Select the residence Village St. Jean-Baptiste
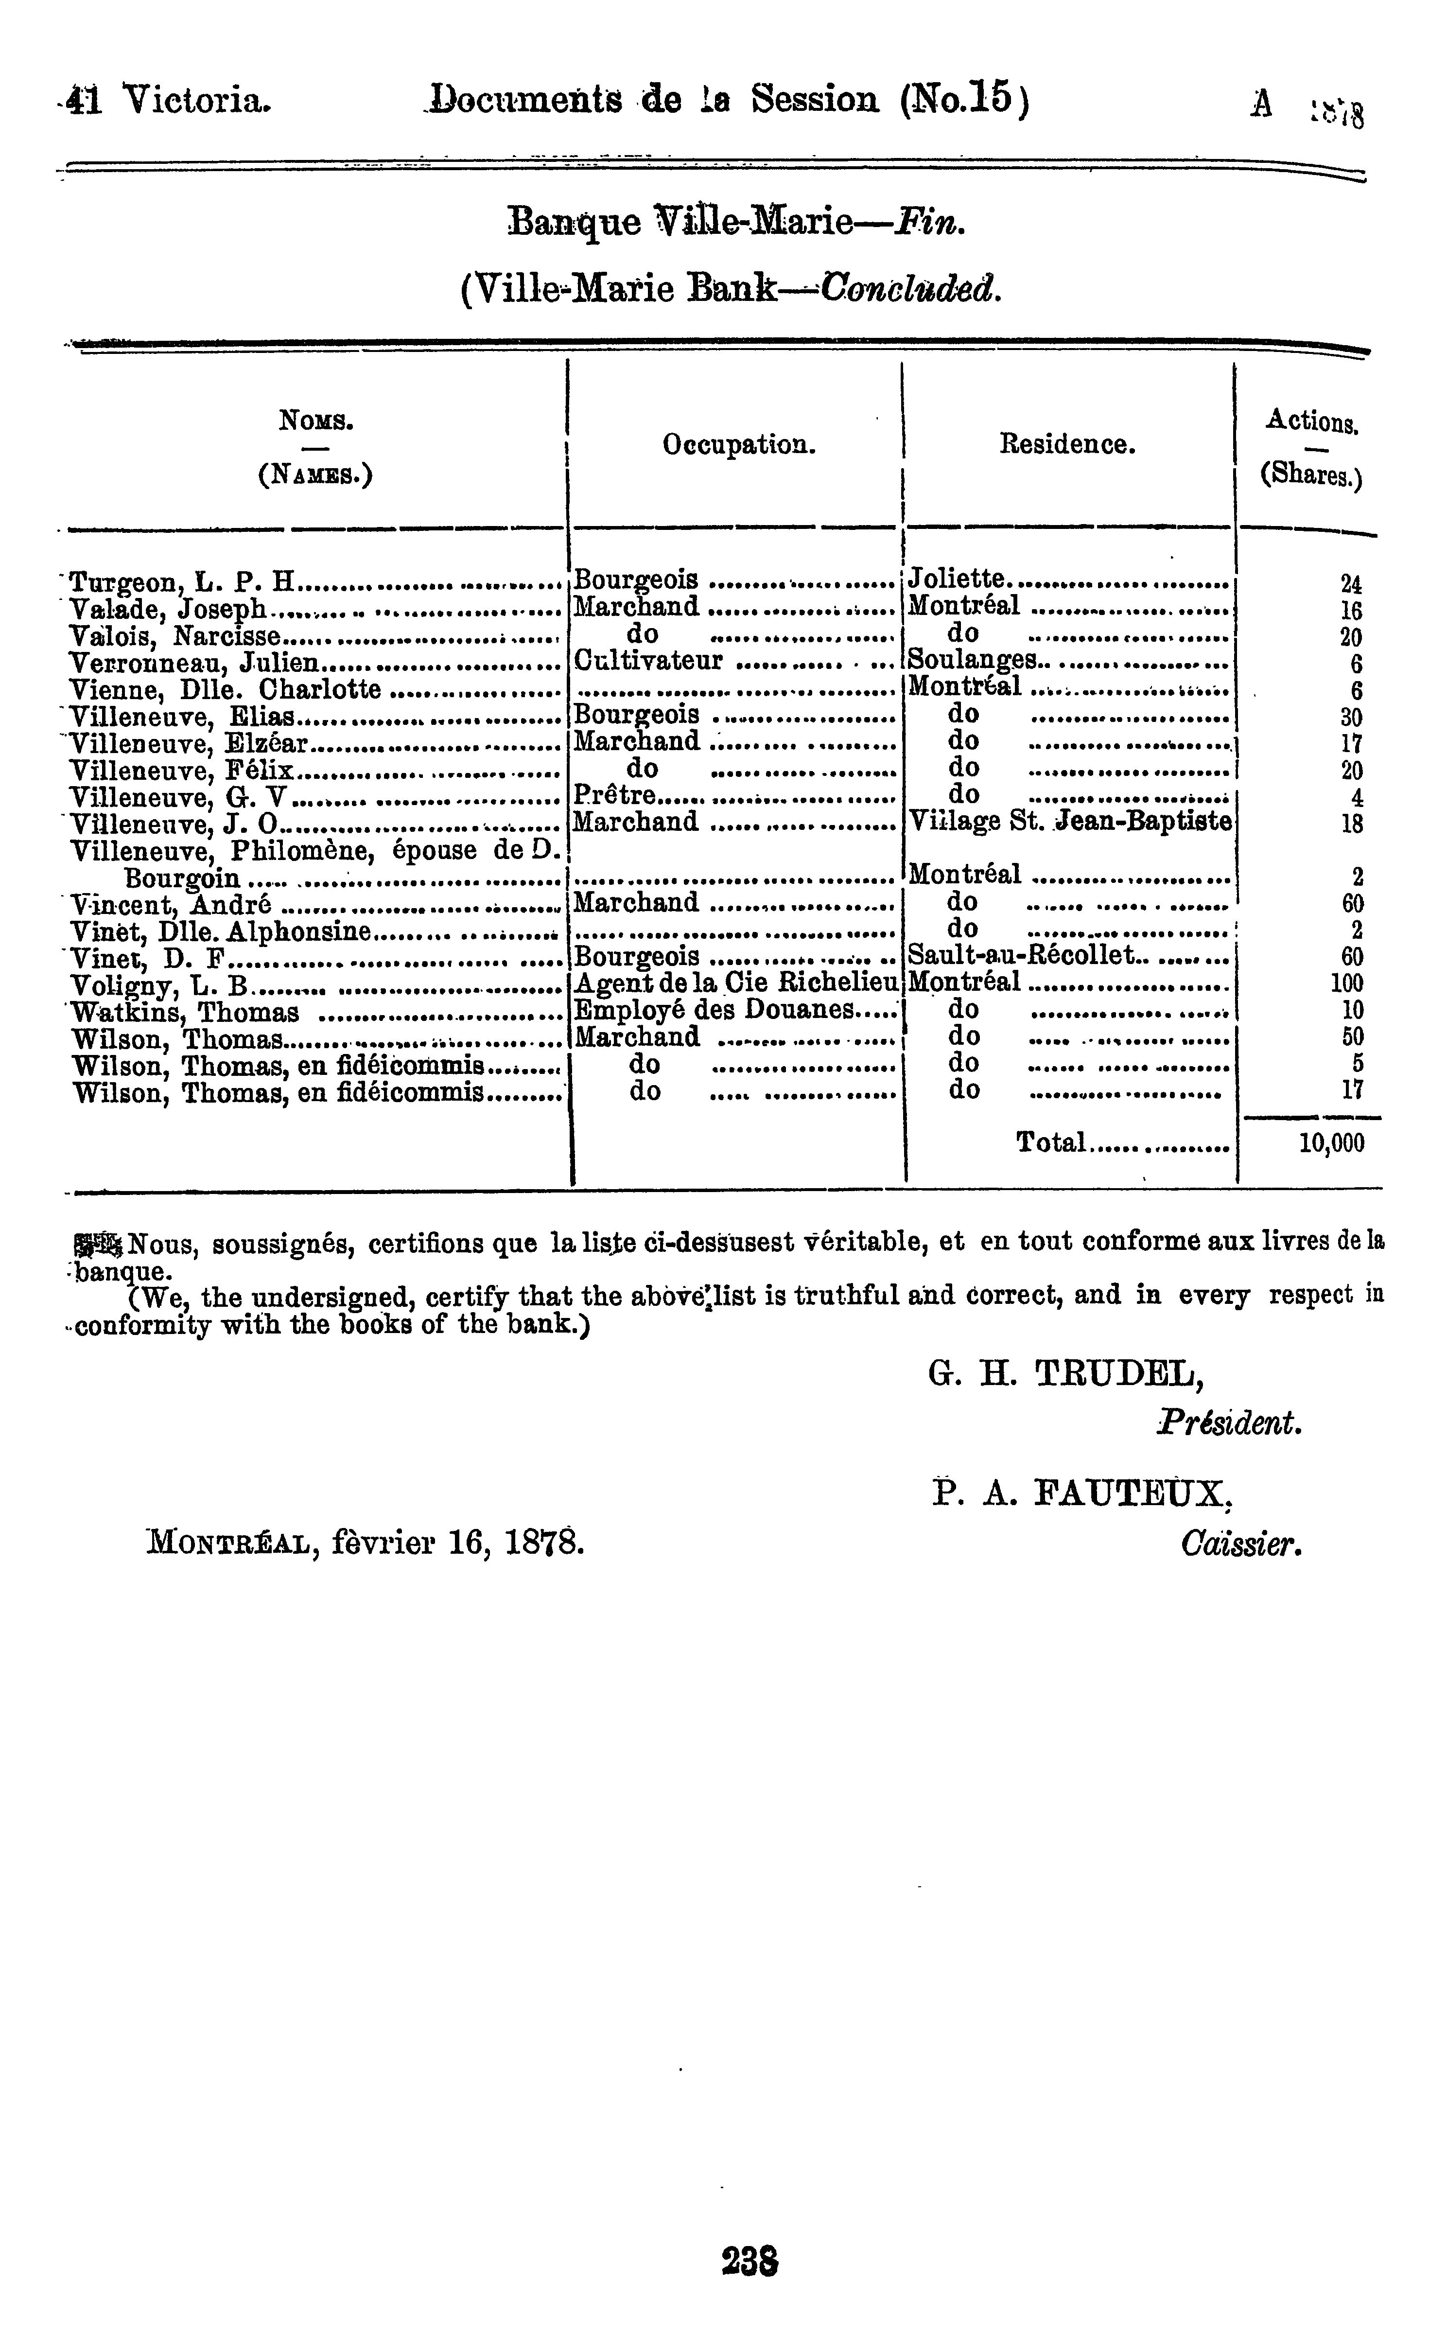point(1069,821)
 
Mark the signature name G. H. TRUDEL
point(1066,1376)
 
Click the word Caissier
point(1241,1544)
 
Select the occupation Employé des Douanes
point(713,1010)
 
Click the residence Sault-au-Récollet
point(1020,955)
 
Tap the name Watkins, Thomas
point(185,1012)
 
